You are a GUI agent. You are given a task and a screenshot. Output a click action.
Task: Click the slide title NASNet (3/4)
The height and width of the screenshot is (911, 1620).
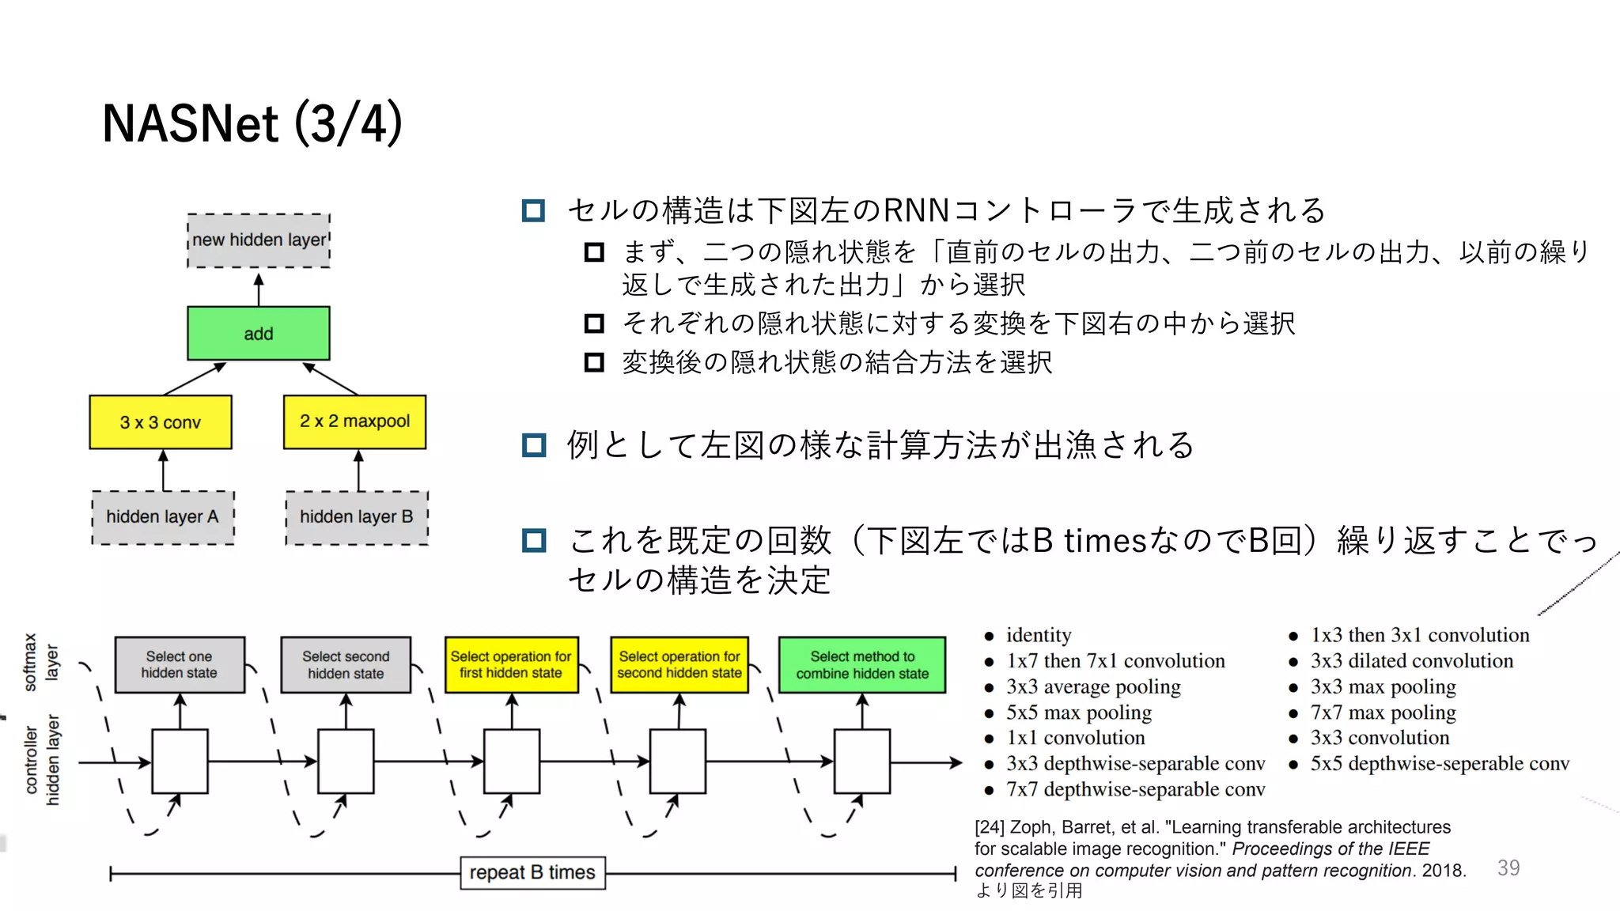pyautogui.click(x=252, y=124)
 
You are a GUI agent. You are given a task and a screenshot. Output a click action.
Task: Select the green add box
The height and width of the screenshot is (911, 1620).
pyautogui.click(x=259, y=334)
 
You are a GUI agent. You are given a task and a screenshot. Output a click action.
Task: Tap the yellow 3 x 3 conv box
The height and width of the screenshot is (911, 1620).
pyautogui.click(x=161, y=422)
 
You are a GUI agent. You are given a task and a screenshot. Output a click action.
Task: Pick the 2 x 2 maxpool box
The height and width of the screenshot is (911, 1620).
pyautogui.click(x=354, y=421)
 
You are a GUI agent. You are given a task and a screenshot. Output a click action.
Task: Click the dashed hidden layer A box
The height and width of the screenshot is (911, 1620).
pyautogui.click(x=163, y=517)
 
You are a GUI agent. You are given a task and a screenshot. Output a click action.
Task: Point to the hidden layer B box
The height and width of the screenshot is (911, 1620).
pyautogui.click(x=357, y=517)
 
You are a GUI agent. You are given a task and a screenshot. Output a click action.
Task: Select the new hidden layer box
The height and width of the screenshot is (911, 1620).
pyautogui.click(x=259, y=240)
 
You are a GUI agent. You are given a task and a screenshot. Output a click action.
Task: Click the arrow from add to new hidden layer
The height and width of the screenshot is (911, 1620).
pyautogui.click(x=259, y=289)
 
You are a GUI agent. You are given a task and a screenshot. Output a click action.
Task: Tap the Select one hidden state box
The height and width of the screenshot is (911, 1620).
pyautogui.click(x=180, y=665)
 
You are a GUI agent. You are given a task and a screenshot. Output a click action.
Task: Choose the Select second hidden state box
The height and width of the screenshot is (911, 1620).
pyautogui.click(x=346, y=665)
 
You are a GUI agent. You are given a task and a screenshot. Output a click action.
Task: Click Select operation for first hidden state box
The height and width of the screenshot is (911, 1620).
pyautogui.click(x=511, y=665)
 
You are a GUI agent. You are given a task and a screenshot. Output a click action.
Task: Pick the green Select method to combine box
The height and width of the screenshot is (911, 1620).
pyautogui.click(x=862, y=665)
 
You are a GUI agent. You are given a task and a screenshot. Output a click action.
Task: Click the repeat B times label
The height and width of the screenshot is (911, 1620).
pyautogui.click(x=532, y=872)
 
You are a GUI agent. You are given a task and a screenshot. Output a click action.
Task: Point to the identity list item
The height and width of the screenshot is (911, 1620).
pyautogui.click(x=1038, y=635)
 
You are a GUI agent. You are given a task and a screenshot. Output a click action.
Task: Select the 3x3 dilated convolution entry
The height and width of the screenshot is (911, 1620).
pyautogui.click(x=1411, y=661)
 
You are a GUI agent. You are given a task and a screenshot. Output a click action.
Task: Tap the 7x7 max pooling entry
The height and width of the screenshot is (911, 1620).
pyautogui.click(x=1383, y=713)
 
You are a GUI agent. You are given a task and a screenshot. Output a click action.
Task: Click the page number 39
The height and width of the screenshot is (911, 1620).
pyautogui.click(x=1508, y=868)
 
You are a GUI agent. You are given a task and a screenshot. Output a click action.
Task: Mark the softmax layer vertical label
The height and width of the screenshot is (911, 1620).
pyautogui.click(x=41, y=663)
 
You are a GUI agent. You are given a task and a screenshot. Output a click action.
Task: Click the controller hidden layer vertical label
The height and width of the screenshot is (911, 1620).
pyautogui.click(x=42, y=760)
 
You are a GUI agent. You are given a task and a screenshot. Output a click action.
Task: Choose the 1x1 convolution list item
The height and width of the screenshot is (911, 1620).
pyautogui.click(x=1075, y=738)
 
